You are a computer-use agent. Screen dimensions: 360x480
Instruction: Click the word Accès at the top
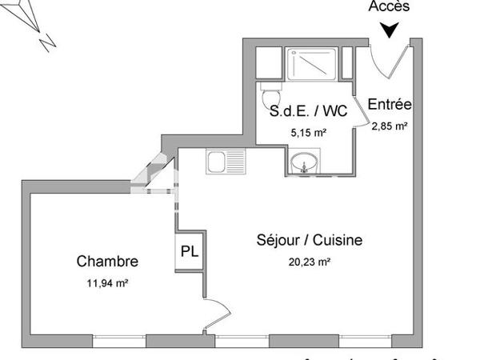click(x=389, y=6)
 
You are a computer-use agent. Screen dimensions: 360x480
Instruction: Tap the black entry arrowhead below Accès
click(x=389, y=30)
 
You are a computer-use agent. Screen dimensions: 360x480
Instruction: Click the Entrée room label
click(x=389, y=104)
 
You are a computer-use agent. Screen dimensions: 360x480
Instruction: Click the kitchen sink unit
click(x=226, y=162)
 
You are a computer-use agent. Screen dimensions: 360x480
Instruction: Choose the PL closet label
click(x=189, y=251)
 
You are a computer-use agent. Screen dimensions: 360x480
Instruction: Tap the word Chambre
click(x=107, y=261)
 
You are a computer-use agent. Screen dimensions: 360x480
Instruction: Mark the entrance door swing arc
click(x=390, y=60)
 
